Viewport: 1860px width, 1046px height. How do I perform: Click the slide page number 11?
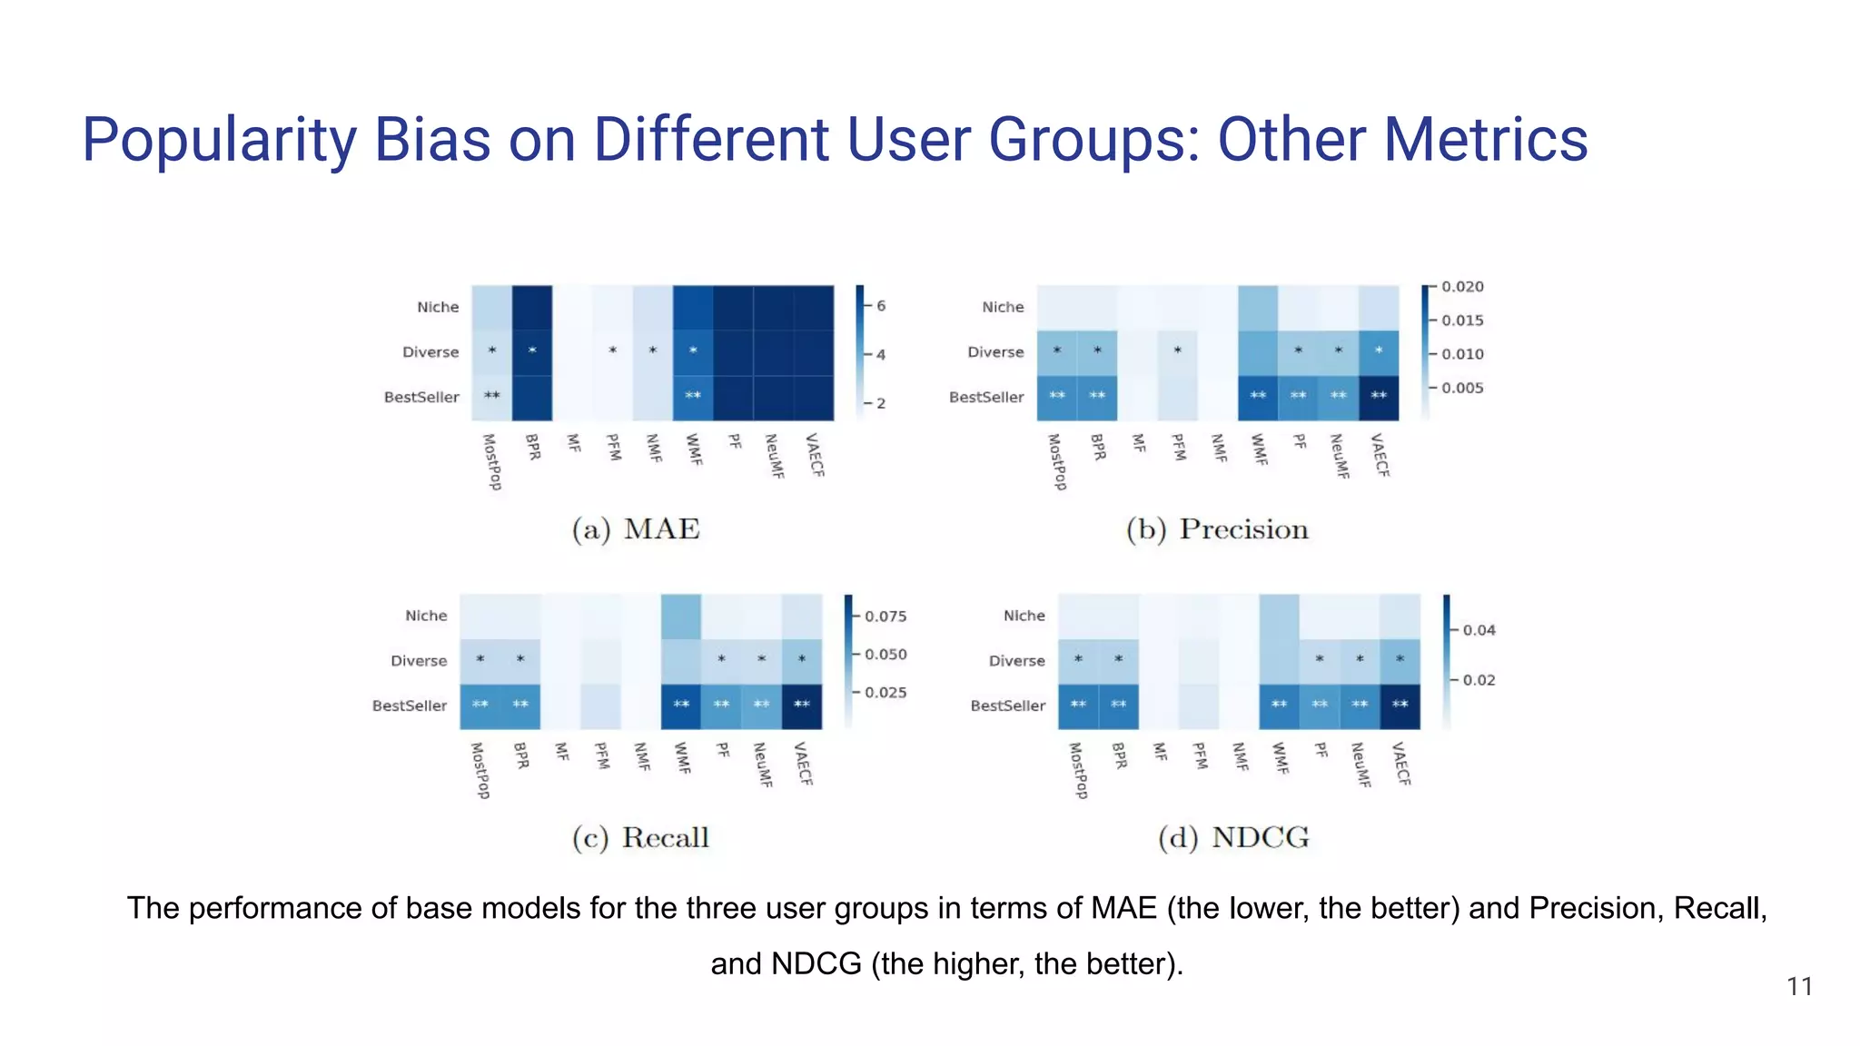point(1799,987)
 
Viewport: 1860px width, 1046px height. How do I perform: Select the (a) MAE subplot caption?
point(636,529)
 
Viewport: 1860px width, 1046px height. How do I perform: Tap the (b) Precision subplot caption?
point(1217,529)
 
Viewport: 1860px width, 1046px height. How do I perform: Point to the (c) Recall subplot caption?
point(640,837)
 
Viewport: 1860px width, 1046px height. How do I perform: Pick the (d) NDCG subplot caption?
point(1233,837)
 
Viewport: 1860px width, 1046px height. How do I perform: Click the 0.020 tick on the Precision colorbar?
point(1462,287)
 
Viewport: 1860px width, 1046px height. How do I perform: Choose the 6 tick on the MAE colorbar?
point(880,306)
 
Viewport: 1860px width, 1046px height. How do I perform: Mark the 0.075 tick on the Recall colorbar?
point(885,617)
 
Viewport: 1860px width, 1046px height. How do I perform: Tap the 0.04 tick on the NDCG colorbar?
point(1479,630)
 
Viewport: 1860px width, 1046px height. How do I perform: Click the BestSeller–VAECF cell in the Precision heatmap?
point(1379,398)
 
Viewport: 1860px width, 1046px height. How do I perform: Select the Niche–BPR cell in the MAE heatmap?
point(532,308)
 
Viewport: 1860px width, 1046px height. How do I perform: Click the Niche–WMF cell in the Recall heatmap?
point(681,617)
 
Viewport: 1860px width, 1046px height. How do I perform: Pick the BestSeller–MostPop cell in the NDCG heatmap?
point(1078,706)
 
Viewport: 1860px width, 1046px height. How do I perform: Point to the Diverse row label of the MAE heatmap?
point(430,352)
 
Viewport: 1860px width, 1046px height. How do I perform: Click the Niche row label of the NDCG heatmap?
point(1024,616)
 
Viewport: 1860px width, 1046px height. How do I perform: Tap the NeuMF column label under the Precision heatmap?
point(1339,457)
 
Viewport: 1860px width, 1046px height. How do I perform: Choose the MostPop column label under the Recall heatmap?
point(480,771)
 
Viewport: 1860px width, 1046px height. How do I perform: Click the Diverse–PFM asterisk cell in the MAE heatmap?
point(613,352)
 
